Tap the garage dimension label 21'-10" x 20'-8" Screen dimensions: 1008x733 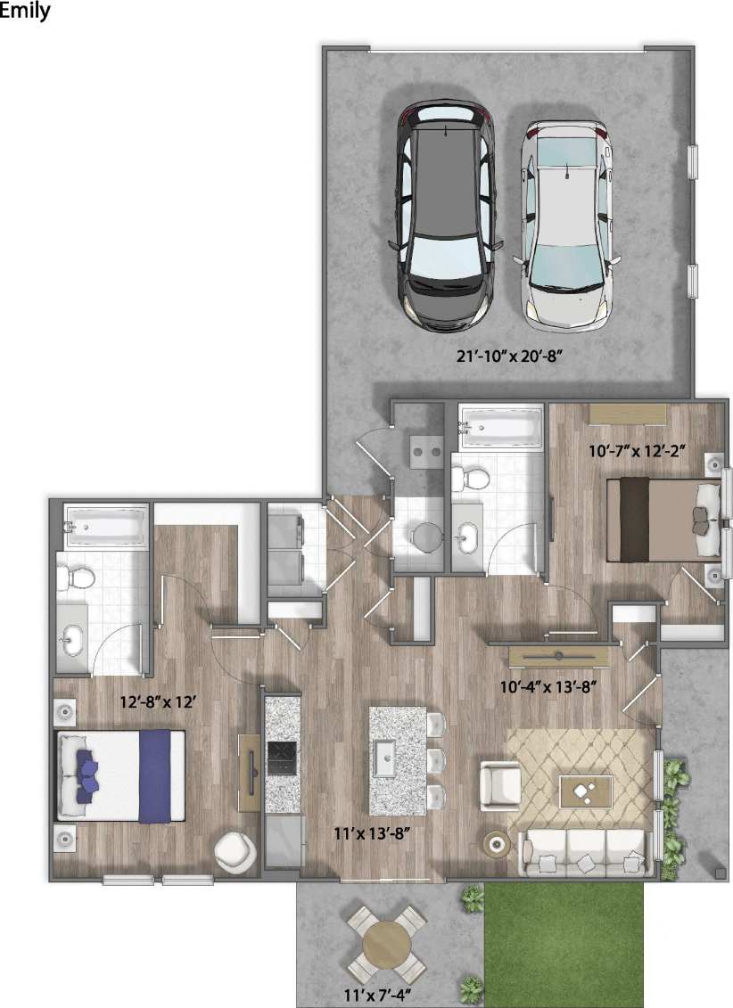(512, 357)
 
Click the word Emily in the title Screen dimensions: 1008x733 (26, 12)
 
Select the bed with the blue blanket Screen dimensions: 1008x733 (121, 775)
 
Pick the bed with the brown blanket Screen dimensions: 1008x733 (664, 520)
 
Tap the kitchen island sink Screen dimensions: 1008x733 (387, 758)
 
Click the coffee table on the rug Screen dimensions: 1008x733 (586, 790)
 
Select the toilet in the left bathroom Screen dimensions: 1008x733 (77, 577)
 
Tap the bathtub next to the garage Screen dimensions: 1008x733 (499, 427)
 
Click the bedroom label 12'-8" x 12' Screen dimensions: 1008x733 (158, 701)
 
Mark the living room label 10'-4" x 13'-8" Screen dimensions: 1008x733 (547, 686)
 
